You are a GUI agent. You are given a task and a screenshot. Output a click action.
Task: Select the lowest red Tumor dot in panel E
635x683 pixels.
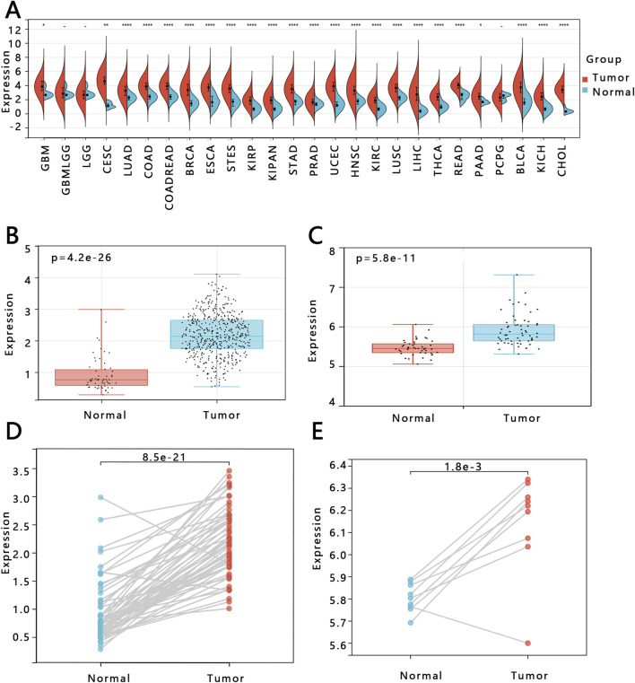pos(528,644)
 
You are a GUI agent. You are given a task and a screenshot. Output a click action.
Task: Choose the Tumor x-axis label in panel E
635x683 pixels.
pos(528,672)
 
